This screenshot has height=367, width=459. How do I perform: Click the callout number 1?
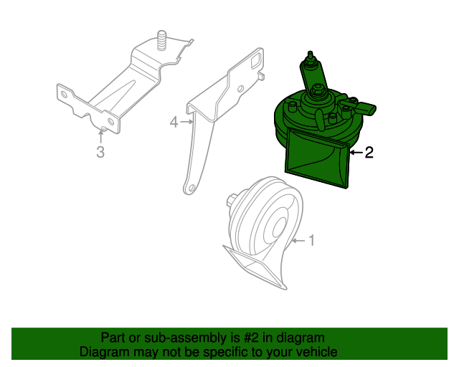pos(311,240)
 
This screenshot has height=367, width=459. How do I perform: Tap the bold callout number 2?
pos(369,153)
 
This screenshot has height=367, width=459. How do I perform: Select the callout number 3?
pos(100,152)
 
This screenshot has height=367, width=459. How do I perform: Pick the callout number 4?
pos(174,122)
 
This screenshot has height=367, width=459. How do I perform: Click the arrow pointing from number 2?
pos(356,153)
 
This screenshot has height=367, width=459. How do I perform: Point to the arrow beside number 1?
pos(299,241)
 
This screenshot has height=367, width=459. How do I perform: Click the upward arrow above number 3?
pos(101,136)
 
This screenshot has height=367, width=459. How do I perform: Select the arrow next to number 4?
pos(186,121)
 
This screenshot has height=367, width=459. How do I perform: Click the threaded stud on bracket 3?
pos(161,40)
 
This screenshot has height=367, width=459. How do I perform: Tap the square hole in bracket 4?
pos(255,62)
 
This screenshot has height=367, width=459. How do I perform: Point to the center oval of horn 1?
pos(280,227)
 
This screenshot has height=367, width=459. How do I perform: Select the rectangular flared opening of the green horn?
pos(318,158)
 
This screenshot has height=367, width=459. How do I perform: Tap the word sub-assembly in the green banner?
pos(186,338)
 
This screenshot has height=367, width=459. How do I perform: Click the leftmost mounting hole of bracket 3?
pos(64,94)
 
